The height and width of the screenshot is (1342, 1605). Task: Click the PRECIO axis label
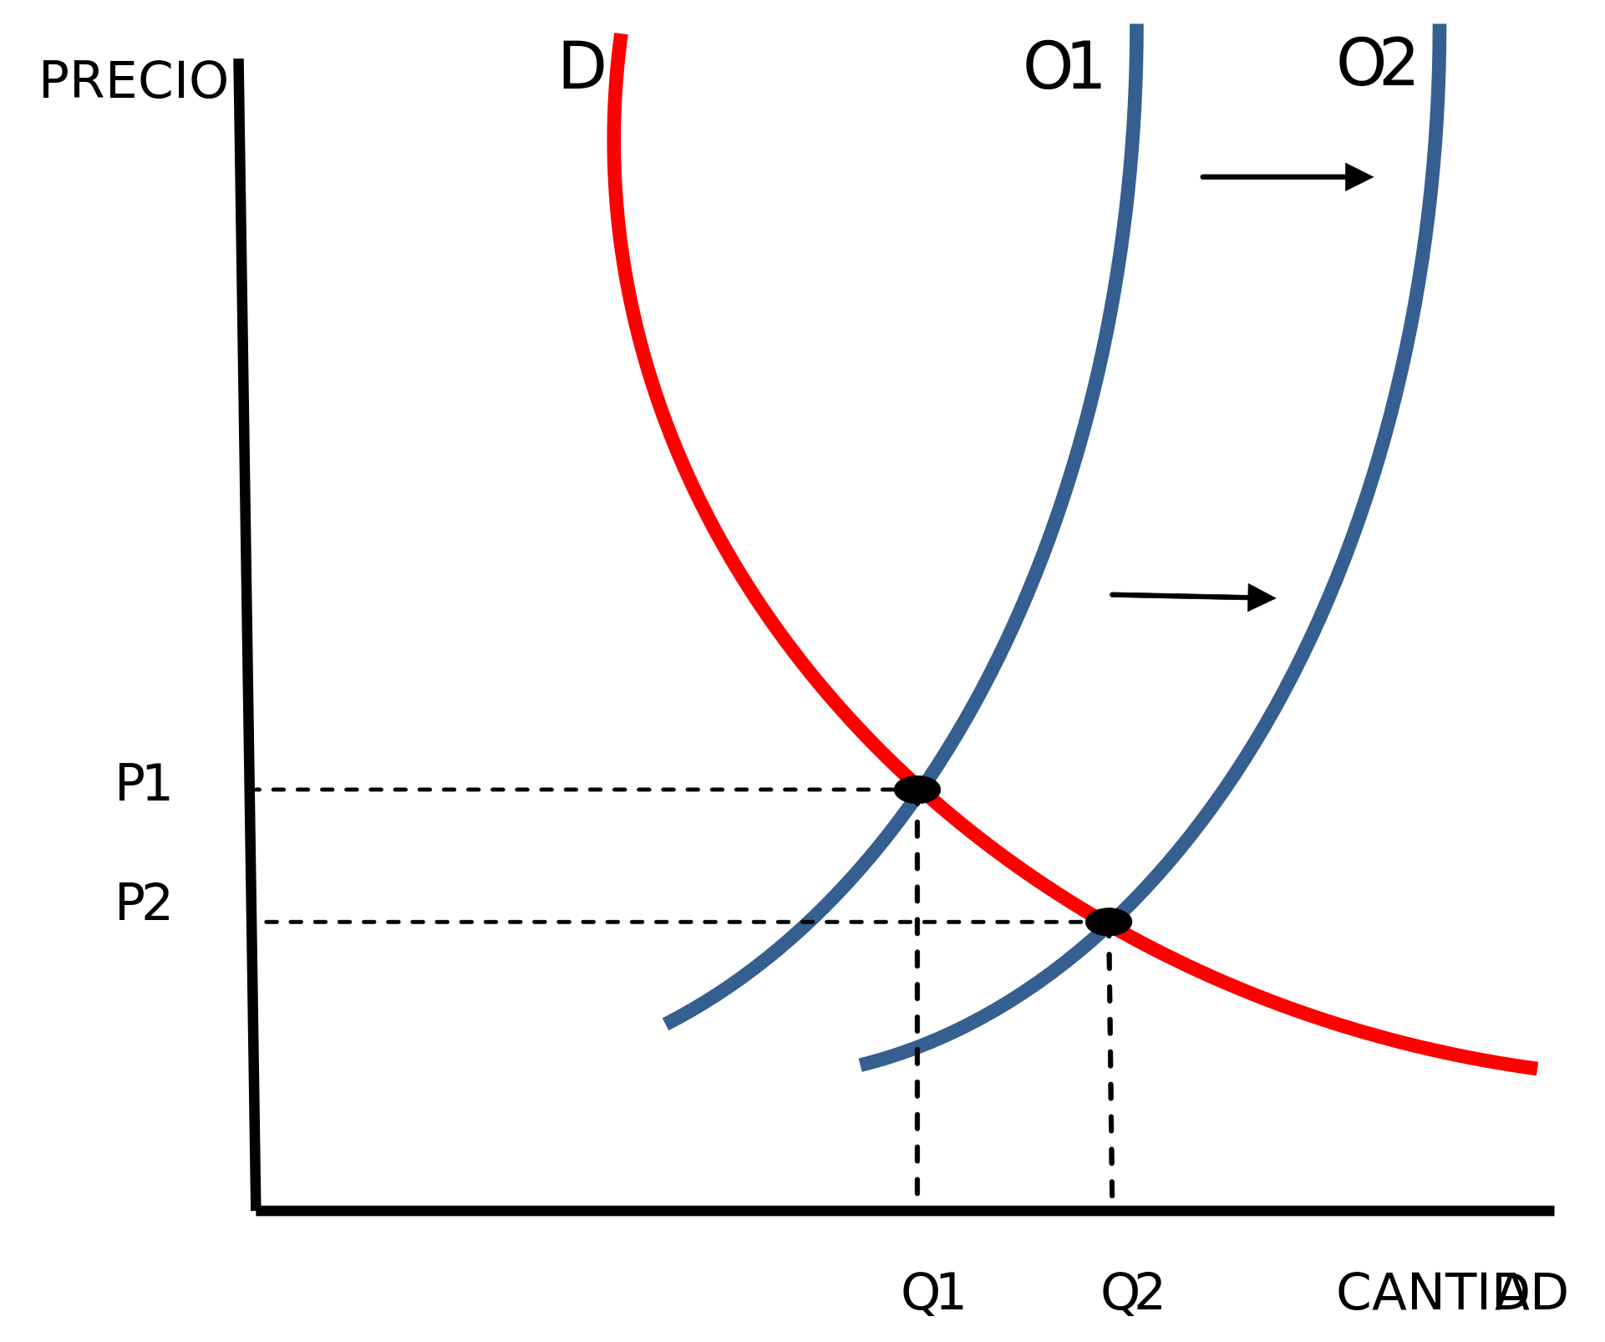point(133,80)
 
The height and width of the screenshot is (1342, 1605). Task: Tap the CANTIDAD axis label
point(1451,1293)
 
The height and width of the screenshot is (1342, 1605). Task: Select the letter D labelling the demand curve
point(582,67)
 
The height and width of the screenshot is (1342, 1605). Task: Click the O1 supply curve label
point(1062,67)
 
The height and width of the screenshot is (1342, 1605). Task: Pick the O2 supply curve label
point(1376,64)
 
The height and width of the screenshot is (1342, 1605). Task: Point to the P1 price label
point(143,784)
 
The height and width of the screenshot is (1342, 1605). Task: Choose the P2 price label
point(143,903)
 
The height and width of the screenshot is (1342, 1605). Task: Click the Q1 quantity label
point(932,1292)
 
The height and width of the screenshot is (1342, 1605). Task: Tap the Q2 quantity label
point(1132,1292)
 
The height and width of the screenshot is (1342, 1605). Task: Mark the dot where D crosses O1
point(919,790)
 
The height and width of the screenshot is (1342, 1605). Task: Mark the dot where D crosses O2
point(1108,922)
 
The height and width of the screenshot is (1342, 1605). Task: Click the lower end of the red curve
point(1536,1068)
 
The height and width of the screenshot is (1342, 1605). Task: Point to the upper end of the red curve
point(621,35)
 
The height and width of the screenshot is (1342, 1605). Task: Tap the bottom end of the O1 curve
point(667,1024)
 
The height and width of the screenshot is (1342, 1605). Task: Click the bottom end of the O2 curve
point(861,1065)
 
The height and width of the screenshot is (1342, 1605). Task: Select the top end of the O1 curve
point(1137,27)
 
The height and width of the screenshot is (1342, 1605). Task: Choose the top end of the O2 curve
point(1440,27)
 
